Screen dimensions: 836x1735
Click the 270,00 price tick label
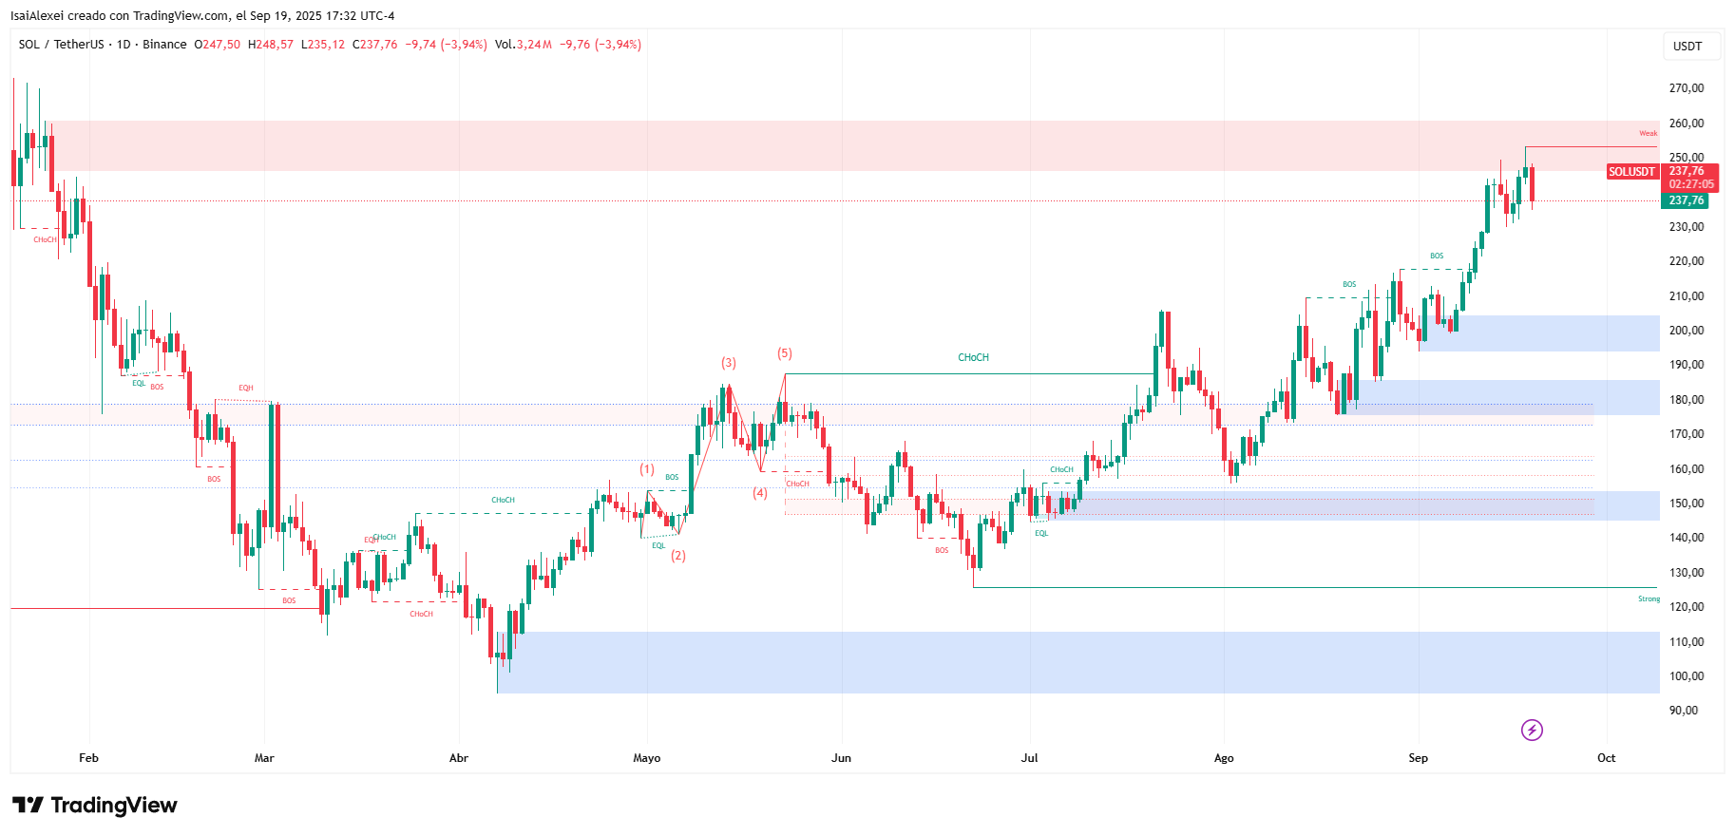[1686, 88]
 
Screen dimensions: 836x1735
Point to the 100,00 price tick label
[1686, 676]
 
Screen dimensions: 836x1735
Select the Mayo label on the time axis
[646, 758]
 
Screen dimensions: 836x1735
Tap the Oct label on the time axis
[1606, 758]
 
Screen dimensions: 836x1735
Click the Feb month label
[88, 758]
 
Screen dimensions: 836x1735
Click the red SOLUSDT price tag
[1631, 172]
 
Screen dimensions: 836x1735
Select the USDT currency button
[1687, 47]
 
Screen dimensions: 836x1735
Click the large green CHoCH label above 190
[973, 358]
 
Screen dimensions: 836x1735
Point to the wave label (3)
[728, 363]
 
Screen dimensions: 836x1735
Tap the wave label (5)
[785, 353]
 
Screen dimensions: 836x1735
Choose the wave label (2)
[678, 556]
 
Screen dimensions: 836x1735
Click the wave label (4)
[760, 493]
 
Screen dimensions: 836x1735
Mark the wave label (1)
[647, 469]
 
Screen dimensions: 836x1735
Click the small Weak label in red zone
[1648, 134]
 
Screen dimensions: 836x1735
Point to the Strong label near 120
[1649, 599]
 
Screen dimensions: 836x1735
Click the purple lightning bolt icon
[1532, 730]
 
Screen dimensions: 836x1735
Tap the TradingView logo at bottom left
[95, 806]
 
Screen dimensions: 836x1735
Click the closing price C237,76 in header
[375, 45]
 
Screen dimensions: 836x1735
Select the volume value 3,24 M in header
[534, 45]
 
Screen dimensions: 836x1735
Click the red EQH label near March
[246, 389]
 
